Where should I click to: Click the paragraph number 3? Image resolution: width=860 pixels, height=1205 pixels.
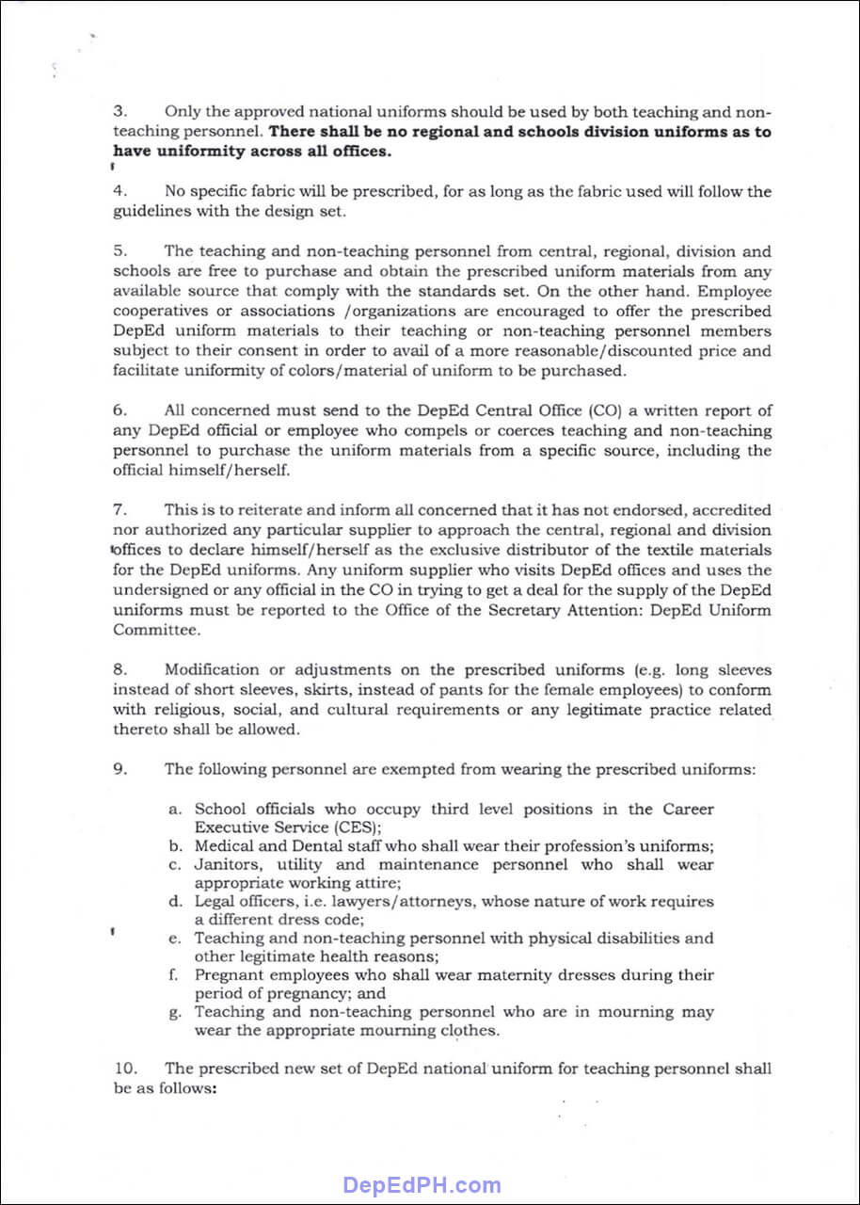(x=119, y=112)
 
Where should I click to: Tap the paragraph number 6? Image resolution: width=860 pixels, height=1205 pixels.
(x=119, y=410)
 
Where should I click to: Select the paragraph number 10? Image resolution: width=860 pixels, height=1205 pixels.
(x=126, y=1068)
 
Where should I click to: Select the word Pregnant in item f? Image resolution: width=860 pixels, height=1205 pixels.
(x=231, y=975)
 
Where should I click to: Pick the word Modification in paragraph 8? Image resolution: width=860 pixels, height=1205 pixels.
(x=211, y=670)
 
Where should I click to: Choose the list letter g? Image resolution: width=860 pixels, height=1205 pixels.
(x=174, y=1013)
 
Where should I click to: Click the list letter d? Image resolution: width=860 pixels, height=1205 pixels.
(x=175, y=902)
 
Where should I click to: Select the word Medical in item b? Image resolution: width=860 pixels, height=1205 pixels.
(x=225, y=845)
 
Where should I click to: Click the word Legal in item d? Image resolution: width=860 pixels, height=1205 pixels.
(x=215, y=902)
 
